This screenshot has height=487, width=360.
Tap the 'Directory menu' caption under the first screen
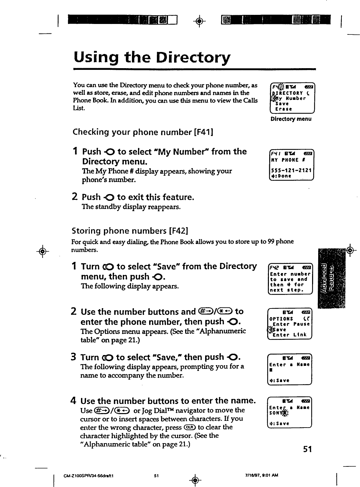coord(291,119)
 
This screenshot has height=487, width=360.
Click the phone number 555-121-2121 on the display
coord(291,170)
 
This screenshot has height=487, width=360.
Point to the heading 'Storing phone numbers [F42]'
coord(130,231)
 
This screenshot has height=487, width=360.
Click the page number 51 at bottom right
coord(307,449)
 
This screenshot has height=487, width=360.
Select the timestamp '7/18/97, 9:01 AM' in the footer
coord(261,475)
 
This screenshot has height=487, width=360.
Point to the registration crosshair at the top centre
coord(199,22)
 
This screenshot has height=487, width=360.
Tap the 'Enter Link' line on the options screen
coord(289,335)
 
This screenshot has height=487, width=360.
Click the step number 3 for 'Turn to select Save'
coord(73,357)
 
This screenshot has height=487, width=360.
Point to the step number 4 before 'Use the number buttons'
coord(73,401)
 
